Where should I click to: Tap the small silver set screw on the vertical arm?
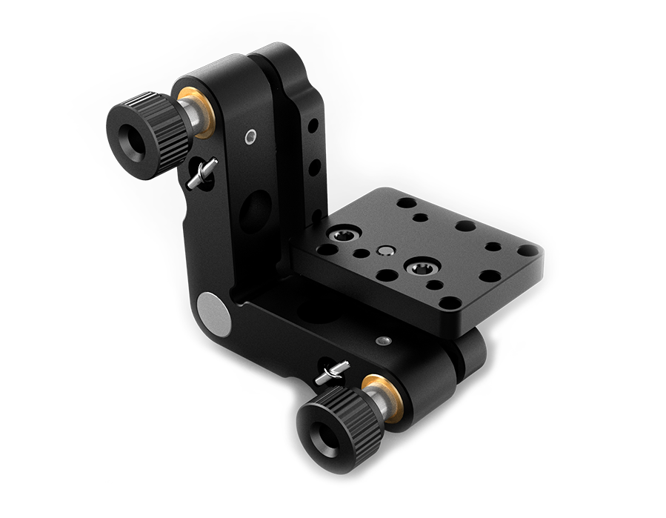[x=252, y=136]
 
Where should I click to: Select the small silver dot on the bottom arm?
[x=382, y=341]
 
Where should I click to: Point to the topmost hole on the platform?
[x=404, y=202]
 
